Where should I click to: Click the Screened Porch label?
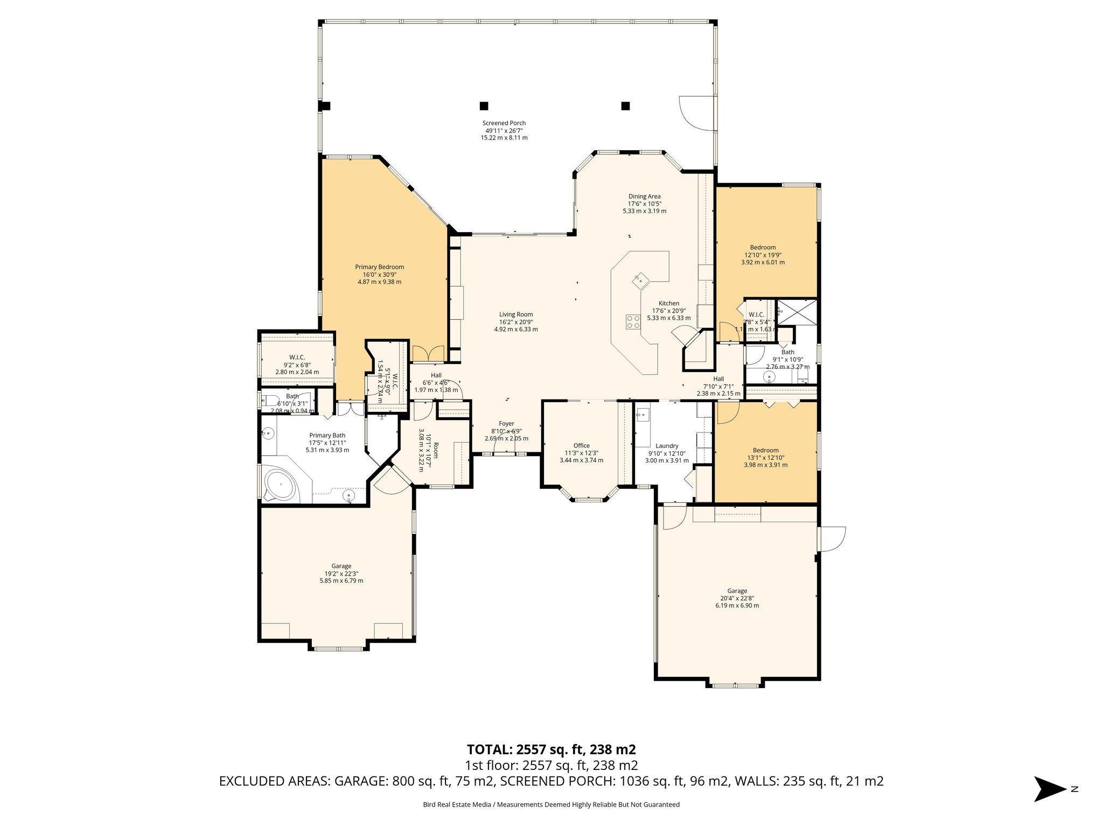click(x=504, y=123)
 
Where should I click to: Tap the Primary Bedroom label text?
click(x=379, y=267)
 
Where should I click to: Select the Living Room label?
click(x=515, y=314)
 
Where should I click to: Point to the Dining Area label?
click(x=644, y=197)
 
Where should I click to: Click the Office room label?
click(x=581, y=445)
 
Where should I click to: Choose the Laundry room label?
click(x=667, y=446)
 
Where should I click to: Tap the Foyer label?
click(x=506, y=424)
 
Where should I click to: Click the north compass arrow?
click(x=1050, y=789)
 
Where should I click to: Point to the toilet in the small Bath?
click(x=268, y=401)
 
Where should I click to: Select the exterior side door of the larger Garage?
click(x=832, y=538)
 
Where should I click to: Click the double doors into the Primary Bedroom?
click(x=428, y=354)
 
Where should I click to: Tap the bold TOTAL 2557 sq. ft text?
click(x=551, y=749)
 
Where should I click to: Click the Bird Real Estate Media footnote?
click(x=551, y=805)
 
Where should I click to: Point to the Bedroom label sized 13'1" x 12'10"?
click(x=765, y=458)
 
